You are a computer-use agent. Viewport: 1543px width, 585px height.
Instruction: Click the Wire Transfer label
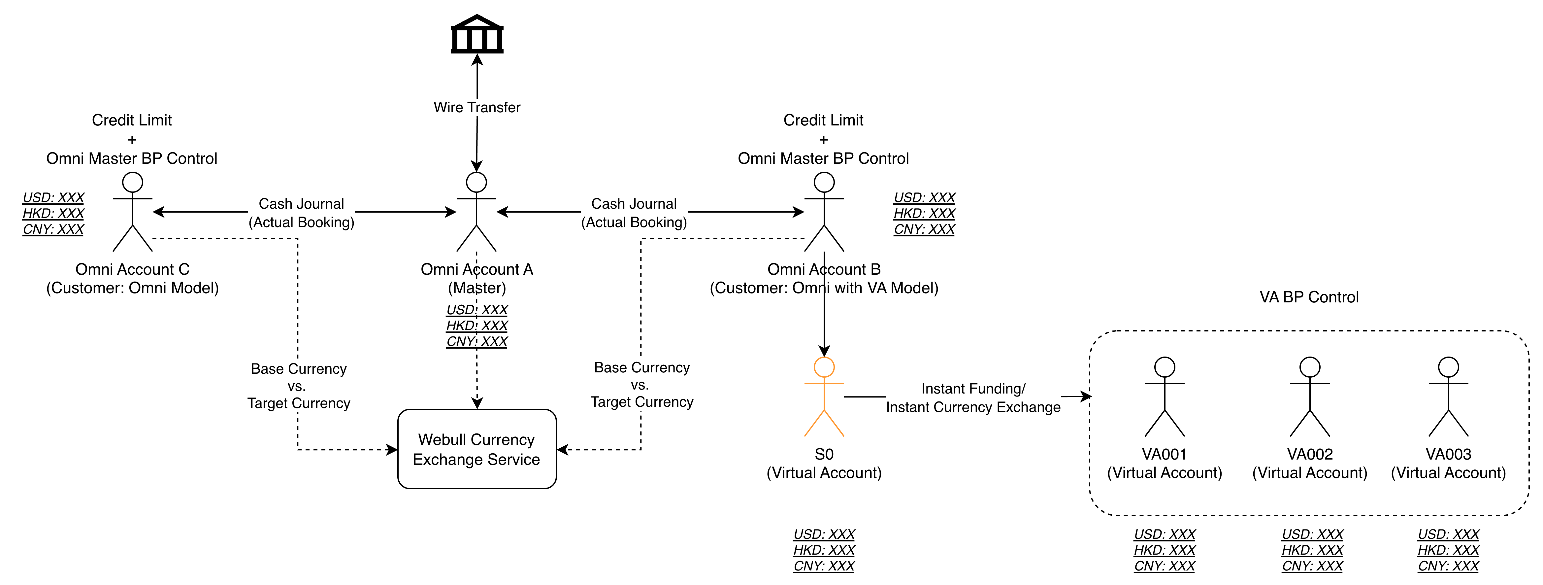[477, 107]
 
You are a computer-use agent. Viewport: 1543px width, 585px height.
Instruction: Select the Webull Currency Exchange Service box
[477, 449]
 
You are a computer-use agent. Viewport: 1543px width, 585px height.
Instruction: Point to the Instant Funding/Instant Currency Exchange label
[973, 398]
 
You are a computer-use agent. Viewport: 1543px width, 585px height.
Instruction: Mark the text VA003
[1448, 454]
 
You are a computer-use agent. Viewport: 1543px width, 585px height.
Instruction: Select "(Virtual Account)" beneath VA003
[1448, 473]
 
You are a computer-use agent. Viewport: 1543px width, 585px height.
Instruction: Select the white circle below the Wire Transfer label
[476, 182]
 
